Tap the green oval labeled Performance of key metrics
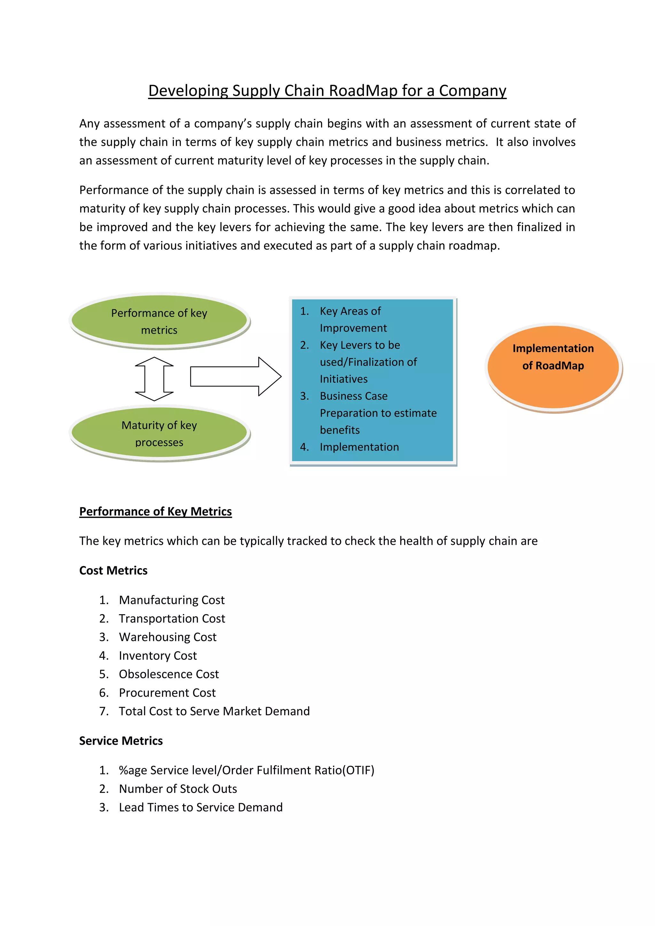(x=159, y=321)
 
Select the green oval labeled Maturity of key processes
(x=159, y=433)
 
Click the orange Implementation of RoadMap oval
(x=553, y=367)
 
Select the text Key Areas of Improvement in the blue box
(x=351, y=319)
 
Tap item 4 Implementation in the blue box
(x=359, y=447)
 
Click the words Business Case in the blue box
(x=353, y=396)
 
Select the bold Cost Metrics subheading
(x=113, y=570)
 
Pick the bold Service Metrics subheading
(x=121, y=741)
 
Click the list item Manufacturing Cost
(x=171, y=600)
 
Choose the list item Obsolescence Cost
(x=169, y=674)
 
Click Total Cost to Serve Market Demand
(x=214, y=711)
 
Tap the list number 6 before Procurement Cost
(x=104, y=693)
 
